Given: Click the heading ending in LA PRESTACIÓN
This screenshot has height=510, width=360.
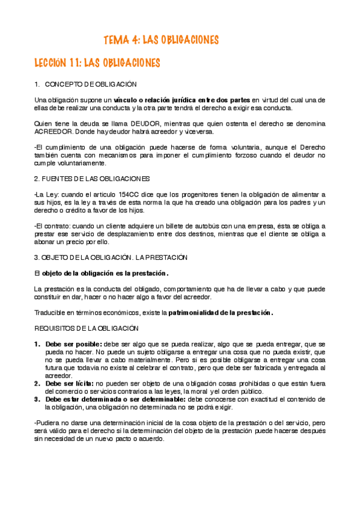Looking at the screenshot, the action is coord(111,257).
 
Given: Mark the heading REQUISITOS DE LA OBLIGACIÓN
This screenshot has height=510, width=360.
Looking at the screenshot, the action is coord(87,328).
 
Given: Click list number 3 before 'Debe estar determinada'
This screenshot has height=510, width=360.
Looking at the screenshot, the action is coord(37,398).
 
